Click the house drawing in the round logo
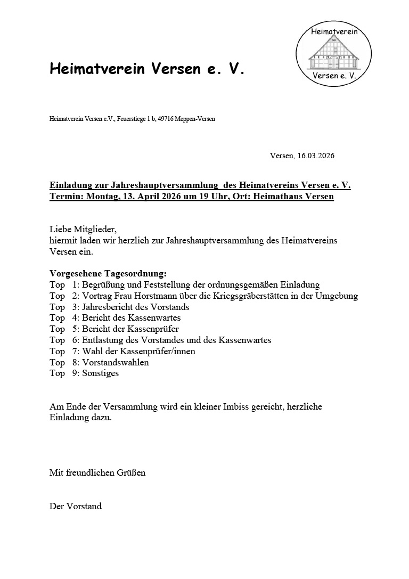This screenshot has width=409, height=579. (x=333, y=55)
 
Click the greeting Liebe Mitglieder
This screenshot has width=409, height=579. (x=83, y=229)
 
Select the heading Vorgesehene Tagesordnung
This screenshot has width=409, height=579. (x=108, y=273)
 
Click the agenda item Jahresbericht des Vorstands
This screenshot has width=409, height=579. (x=135, y=307)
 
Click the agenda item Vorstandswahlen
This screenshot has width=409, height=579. (x=115, y=362)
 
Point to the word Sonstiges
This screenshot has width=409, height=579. (x=100, y=373)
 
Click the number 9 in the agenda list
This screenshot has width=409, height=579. (x=75, y=373)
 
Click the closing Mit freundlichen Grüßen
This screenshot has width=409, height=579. (x=97, y=472)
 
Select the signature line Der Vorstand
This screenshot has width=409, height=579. (x=76, y=506)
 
